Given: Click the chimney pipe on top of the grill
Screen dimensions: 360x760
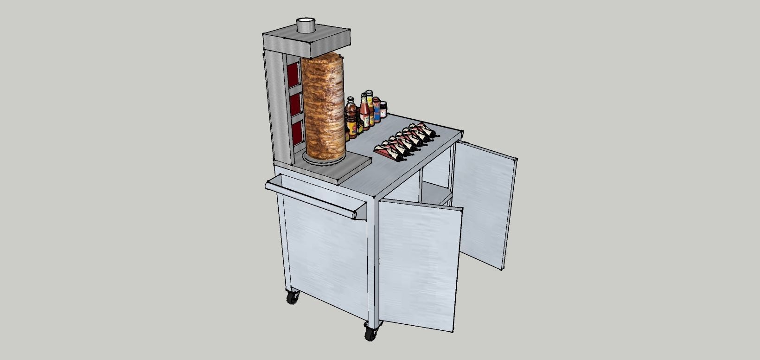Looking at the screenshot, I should pyautogui.click(x=305, y=25).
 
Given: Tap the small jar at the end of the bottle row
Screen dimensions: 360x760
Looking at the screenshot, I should pyautogui.click(x=383, y=109).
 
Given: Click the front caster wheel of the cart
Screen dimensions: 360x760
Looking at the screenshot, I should pyautogui.click(x=371, y=332).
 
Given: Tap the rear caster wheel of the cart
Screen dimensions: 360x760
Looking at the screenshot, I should pyautogui.click(x=292, y=297).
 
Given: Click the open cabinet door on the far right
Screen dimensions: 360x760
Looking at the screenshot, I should pyautogui.click(x=485, y=204).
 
